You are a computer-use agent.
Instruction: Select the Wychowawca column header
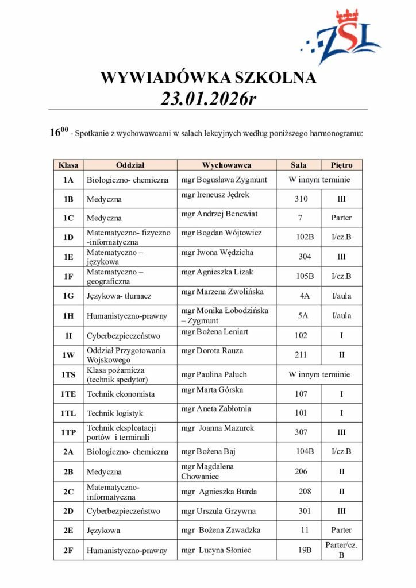(x=226, y=165)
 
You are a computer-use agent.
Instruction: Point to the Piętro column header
(x=341, y=165)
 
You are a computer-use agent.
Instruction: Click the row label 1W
(x=68, y=355)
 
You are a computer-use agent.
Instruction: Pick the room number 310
(x=301, y=199)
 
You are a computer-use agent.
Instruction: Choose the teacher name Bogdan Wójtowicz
(x=221, y=233)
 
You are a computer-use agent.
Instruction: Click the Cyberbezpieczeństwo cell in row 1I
(x=124, y=335)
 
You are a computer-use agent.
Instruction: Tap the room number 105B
(x=305, y=276)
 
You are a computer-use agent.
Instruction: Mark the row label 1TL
(x=68, y=413)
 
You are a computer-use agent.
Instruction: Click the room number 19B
(x=305, y=550)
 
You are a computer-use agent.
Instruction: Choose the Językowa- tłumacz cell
(x=119, y=296)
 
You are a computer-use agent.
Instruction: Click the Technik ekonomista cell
(x=121, y=394)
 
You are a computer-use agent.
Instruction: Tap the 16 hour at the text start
(x=55, y=133)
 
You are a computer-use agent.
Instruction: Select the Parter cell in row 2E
(x=341, y=530)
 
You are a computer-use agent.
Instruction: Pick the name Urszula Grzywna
(x=218, y=511)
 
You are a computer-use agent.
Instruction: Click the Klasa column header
(x=68, y=165)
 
